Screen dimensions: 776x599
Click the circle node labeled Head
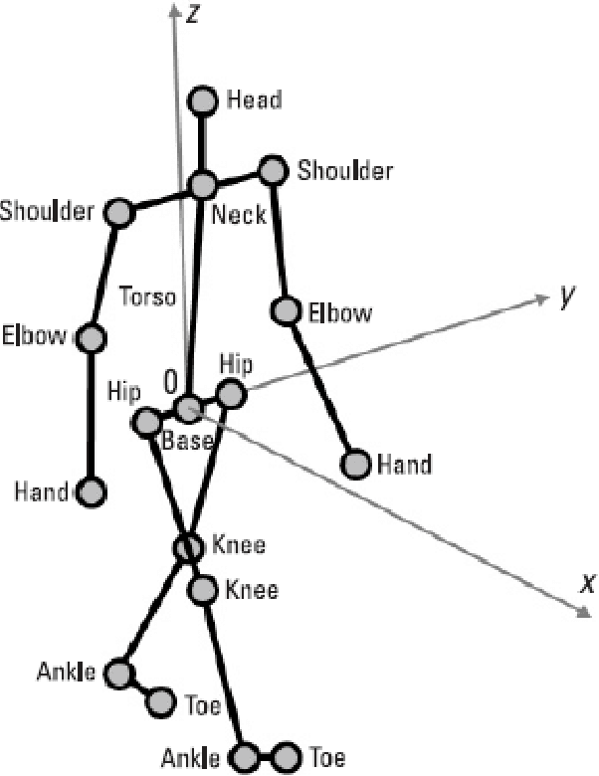(x=204, y=100)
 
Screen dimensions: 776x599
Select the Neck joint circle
(x=203, y=185)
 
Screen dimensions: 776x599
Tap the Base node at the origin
(x=187, y=408)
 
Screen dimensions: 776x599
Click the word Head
(x=254, y=99)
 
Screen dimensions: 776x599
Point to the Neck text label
(x=239, y=214)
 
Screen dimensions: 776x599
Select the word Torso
(x=146, y=296)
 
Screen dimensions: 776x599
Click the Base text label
(x=187, y=441)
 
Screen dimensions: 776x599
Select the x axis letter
(x=587, y=584)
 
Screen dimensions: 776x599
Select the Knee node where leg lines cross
(x=188, y=547)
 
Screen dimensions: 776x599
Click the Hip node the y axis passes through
(x=231, y=394)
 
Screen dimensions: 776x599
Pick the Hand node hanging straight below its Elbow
(x=91, y=490)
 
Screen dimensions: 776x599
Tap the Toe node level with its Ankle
(x=288, y=756)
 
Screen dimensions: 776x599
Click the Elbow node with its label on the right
(x=288, y=311)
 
